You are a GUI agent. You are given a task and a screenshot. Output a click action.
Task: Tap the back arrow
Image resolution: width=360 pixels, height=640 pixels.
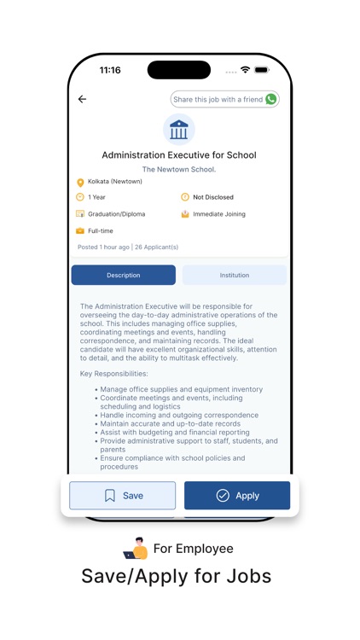(82, 100)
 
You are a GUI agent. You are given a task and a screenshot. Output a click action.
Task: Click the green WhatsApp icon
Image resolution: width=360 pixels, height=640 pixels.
(271, 100)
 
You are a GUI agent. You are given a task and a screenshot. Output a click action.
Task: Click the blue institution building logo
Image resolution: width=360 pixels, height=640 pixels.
(179, 130)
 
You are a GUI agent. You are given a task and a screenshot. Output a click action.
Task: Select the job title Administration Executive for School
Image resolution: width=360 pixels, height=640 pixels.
(179, 155)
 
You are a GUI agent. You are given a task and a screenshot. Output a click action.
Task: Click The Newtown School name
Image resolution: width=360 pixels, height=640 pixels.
(179, 170)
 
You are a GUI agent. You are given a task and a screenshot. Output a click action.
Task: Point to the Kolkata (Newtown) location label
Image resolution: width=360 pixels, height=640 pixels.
(114, 182)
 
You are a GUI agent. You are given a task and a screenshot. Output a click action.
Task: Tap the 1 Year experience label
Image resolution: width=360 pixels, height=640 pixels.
(96, 197)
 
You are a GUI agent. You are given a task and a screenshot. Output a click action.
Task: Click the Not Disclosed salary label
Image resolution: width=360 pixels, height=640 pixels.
(212, 197)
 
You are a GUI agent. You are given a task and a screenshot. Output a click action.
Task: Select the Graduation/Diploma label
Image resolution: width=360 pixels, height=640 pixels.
(117, 214)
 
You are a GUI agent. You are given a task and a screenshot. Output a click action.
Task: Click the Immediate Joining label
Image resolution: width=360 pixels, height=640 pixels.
(218, 214)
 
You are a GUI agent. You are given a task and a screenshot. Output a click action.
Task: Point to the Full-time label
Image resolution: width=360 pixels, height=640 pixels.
(100, 231)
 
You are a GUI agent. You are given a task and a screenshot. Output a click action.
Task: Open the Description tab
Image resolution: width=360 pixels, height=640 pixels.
(124, 275)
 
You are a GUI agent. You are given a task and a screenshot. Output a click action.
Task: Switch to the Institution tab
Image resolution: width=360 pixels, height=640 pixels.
(235, 275)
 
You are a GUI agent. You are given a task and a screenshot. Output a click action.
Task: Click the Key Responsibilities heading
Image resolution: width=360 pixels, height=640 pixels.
(113, 374)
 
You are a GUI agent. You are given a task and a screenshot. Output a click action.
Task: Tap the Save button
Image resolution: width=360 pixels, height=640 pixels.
(123, 496)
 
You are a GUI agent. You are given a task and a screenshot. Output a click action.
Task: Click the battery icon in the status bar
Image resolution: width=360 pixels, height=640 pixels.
(262, 70)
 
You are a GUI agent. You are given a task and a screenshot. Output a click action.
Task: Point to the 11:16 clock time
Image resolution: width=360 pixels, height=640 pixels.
(110, 70)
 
